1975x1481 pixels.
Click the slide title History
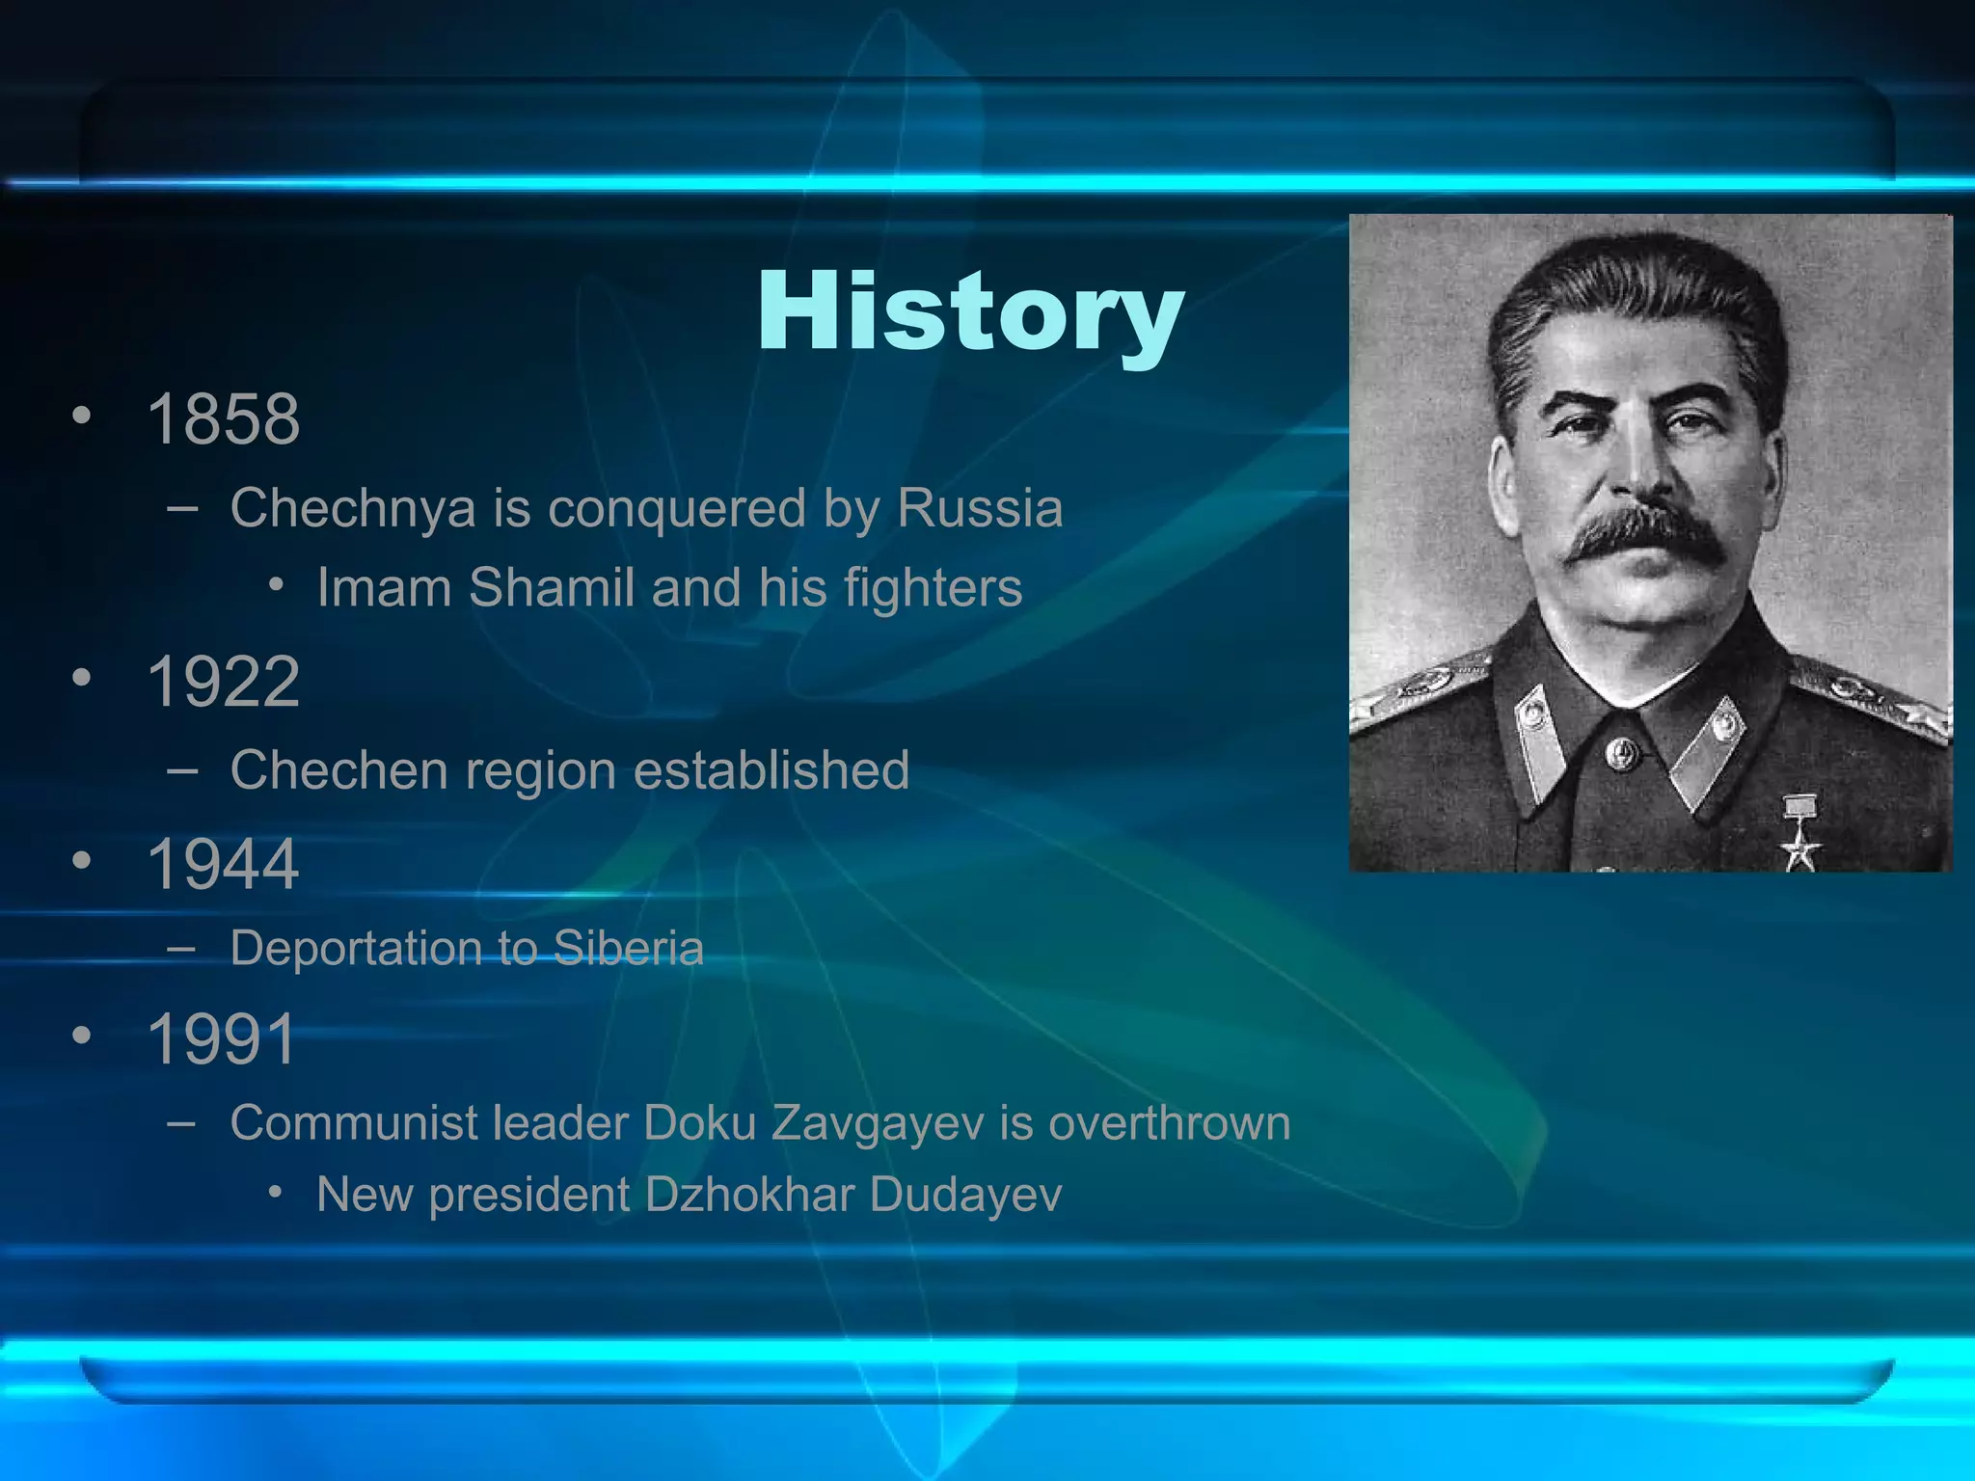click(x=970, y=312)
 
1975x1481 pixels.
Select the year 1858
click(x=223, y=419)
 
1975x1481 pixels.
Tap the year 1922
click(x=223, y=682)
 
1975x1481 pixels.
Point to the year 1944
click(x=223, y=864)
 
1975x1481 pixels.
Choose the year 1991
click(x=222, y=1039)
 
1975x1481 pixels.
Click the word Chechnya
click(x=353, y=508)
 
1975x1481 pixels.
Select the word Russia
click(x=980, y=508)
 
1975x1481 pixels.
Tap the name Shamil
click(x=551, y=587)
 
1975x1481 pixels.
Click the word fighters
click(x=933, y=589)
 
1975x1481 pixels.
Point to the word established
click(x=771, y=770)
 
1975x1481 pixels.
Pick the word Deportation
click(x=356, y=948)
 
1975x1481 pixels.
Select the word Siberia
click(x=629, y=948)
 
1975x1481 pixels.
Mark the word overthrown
click(x=1169, y=1123)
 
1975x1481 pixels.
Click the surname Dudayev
click(x=965, y=1195)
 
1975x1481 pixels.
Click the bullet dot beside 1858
click(x=83, y=417)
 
